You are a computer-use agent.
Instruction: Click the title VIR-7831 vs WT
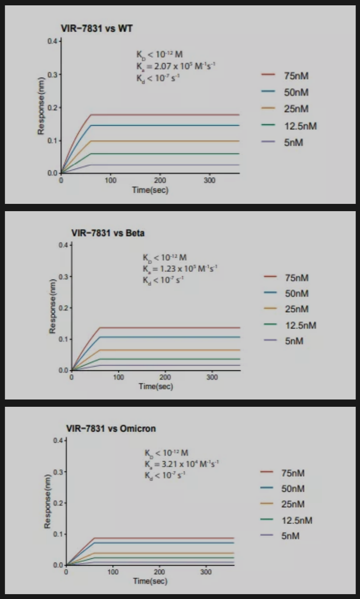(97, 29)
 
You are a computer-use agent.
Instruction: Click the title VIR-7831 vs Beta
(108, 233)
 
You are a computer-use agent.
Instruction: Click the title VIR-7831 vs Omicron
(111, 428)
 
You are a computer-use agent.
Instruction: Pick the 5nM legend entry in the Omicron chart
(290, 536)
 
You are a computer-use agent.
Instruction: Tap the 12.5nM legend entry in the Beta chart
(300, 325)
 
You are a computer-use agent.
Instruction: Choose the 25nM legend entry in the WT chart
(296, 109)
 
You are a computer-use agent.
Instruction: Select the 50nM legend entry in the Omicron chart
(293, 488)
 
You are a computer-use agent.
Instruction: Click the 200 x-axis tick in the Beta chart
(165, 377)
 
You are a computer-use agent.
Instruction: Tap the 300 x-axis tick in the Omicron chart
(206, 572)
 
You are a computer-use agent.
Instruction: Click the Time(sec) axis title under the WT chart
(150, 190)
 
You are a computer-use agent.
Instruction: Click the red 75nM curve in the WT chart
(160, 115)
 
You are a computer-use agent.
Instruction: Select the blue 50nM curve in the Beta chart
(160, 337)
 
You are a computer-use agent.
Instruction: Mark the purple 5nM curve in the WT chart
(160, 165)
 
